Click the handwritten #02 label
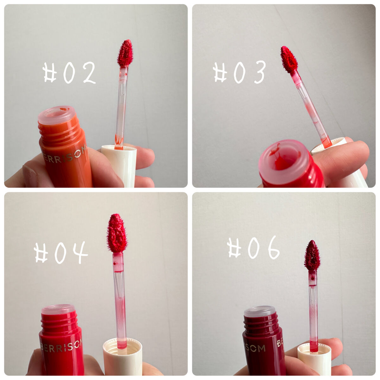pyautogui.click(x=69, y=73)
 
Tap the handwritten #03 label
pyautogui.click(x=239, y=72)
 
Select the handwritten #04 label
pyautogui.click(x=61, y=253)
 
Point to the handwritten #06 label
pyautogui.click(x=253, y=248)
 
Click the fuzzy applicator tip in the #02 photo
pyautogui.click(x=125, y=53)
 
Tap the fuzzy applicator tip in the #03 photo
pyautogui.click(x=289, y=59)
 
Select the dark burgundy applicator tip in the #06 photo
pyautogui.click(x=312, y=256)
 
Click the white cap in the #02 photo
pyautogui.click(x=119, y=166)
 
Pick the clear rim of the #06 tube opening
pyautogui.click(x=260, y=312)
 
